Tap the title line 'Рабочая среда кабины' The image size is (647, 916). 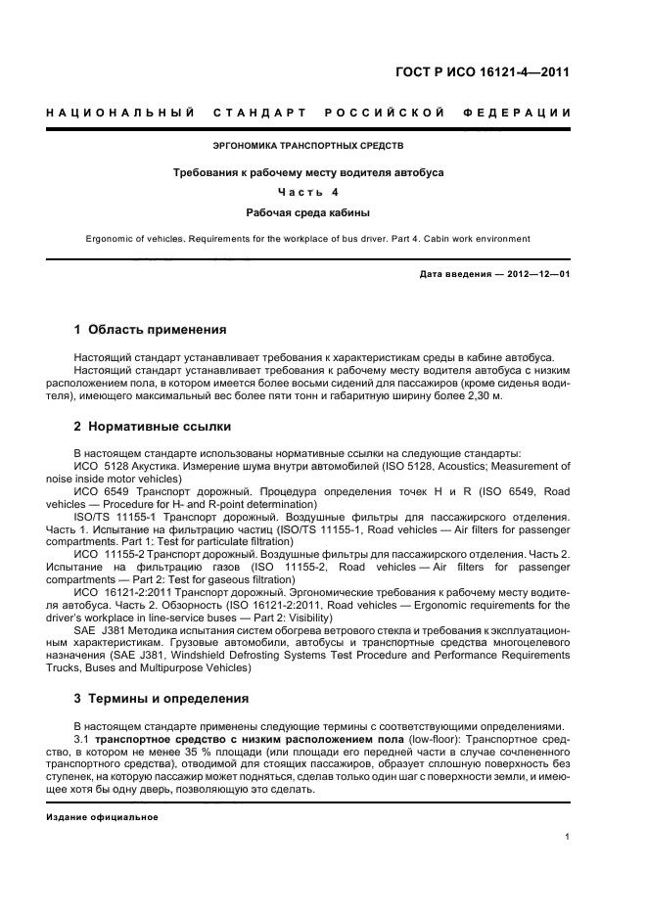[308, 211]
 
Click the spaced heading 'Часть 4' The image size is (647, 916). [308, 192]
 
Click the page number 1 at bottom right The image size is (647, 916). [567, 838]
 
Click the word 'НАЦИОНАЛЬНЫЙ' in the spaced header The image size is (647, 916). [119, 114]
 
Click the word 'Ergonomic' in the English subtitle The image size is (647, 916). [116, 238]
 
